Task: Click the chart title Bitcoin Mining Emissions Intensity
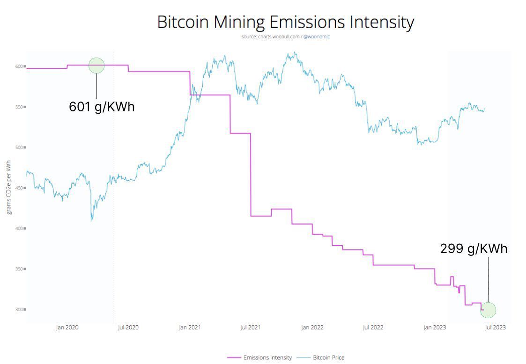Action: (x=285, y=22)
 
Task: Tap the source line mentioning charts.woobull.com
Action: (x=285, y=36)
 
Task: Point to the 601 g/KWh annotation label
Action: (x=102, y=107)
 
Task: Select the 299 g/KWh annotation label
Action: (x=474, y=248)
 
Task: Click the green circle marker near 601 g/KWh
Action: (x=96, y=66)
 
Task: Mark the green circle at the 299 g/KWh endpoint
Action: (x=488, y=310)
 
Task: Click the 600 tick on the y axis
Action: (x=20, y=66)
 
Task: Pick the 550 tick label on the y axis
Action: (x=20, y=107)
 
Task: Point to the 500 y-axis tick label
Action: (x=20, y=147)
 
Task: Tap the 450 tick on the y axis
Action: (x=20, y=188)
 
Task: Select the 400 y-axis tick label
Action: (x=20, y=228)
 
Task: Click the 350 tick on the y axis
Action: (x=20, y=269)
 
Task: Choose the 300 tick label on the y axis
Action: (x=20, y=309)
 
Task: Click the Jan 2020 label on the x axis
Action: (x=67, y=328)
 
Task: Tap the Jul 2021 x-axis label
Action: (x=250, y=328)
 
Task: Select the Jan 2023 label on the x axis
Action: (x=434, y=328)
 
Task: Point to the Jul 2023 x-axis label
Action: (x=495, y=328)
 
